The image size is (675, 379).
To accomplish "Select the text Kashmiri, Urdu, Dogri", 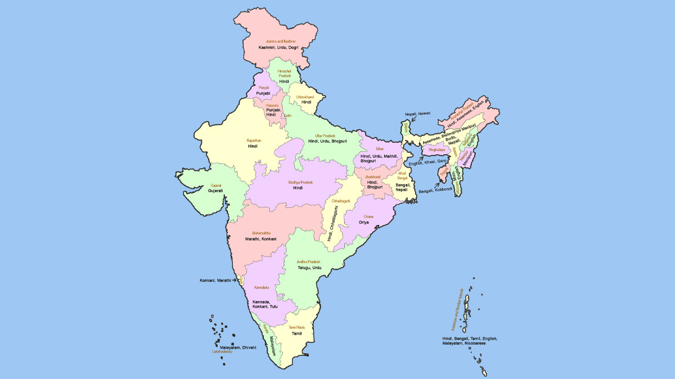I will click(x=278, y=48).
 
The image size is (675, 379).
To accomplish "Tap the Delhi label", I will click(x=287, y=116).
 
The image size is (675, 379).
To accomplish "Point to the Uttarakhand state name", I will click(x=306, y=97).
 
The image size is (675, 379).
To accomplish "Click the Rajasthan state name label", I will click(x=254, y=140).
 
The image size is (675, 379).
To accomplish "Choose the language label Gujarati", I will click(x=215, y=191).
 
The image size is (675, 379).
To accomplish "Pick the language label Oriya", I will click(x=364, y=222).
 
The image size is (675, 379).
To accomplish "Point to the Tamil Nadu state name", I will click(x=296, y=327).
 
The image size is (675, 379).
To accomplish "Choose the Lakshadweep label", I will click(x=222, y=352).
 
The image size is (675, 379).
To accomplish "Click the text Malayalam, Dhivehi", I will click(x=238, y=348).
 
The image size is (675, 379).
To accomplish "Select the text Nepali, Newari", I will click(x=417, y=113).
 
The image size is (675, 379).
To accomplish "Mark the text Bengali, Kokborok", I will click(x=435, y=189).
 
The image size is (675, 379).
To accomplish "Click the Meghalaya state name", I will click(x=436, y=150).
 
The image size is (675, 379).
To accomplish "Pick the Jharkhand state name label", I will click(x=372, y=177).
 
